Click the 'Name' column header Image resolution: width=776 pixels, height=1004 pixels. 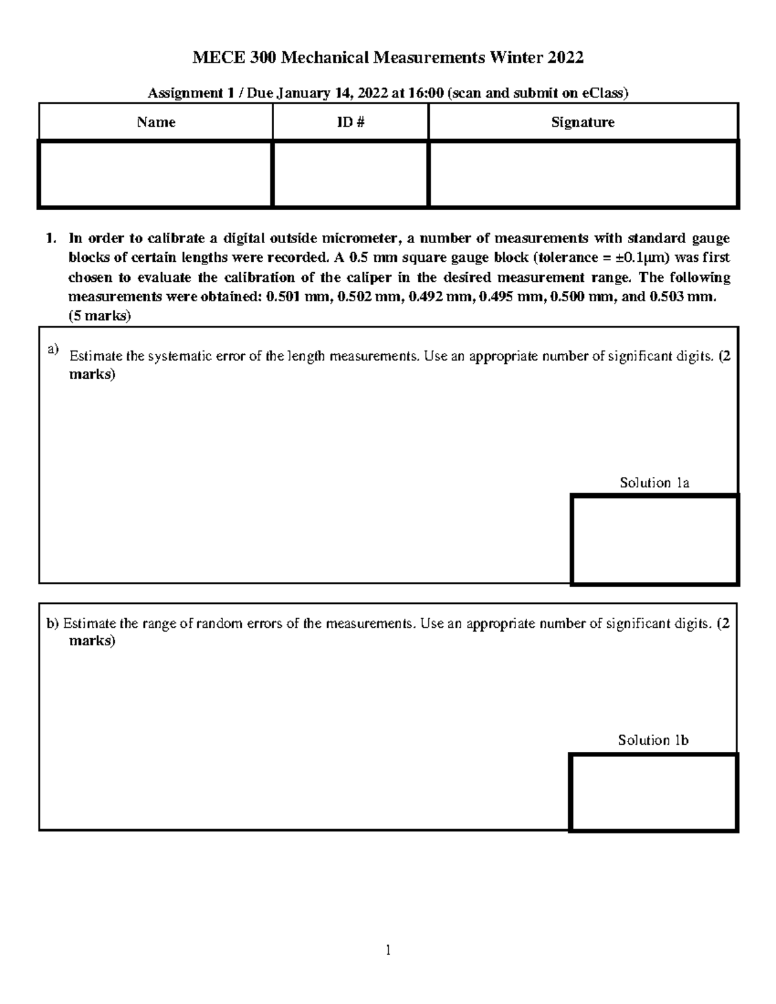pyautogui.click(x=156, y=122)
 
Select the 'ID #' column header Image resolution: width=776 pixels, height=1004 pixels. pyautogui.click(x=350, y=122)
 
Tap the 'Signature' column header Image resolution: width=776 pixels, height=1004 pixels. pyautogui.click(x=583, y=122)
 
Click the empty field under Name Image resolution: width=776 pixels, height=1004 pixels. pyautogui.click(x=155, y=174)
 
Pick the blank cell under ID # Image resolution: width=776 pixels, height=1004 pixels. pyautogui.click(x=350, y=174)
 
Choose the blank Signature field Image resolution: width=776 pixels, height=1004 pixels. pyautogui.click(x=583, y=174)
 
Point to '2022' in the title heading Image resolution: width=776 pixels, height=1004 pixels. pyautogui.click(x=565, y=58)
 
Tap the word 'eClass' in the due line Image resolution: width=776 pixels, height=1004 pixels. pyautogui.click(x=603, y=93)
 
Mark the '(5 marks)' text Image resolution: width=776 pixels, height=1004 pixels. pyautogui.click(x=100, y=317)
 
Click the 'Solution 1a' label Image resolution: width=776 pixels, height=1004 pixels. pyautogui.click(x=654, y=483)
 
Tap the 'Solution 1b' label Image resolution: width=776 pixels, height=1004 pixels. pyautogui.click(x=653, y=740)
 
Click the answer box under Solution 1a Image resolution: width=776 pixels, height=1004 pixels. pyautogui.click(x=654, y=539)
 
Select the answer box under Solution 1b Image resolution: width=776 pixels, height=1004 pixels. pyautogui.click(x=653, y=792)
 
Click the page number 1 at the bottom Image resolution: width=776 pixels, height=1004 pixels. pyautogui.click(x=388, y=950)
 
